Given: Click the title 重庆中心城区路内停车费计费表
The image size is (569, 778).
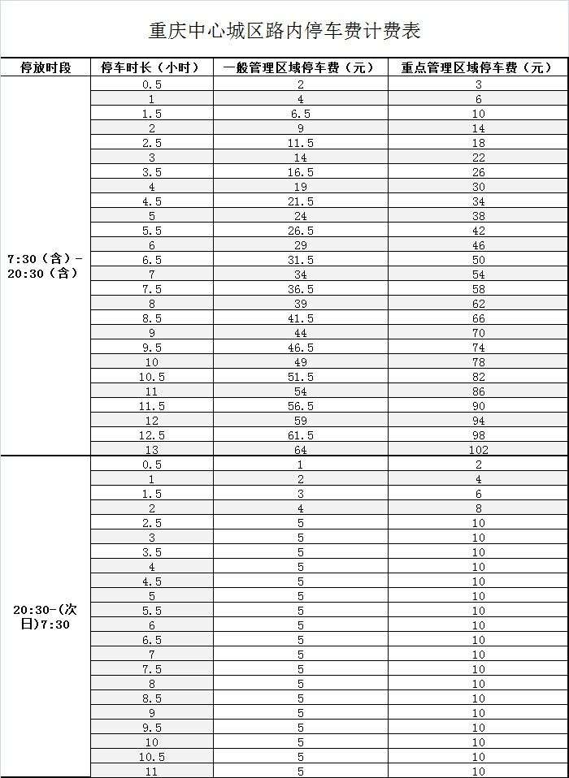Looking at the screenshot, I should [284, 31].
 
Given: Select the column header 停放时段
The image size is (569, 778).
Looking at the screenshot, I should [46, 68].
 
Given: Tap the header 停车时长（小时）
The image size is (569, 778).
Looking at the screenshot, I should [150, 68].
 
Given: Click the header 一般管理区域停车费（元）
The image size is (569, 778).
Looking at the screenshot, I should [300, 68].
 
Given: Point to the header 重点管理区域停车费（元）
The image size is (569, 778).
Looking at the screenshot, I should [478, 68].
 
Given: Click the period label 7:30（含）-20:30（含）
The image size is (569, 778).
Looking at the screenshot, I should [46, 266].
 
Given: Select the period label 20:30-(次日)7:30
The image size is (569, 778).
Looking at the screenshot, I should [46, 617].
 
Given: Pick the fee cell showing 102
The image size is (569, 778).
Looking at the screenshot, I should [478, 450].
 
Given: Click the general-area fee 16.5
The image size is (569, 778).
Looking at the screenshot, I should [300, 172].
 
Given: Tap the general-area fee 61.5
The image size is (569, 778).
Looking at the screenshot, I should [300, 435].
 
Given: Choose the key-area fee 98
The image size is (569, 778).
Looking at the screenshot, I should [478, 435].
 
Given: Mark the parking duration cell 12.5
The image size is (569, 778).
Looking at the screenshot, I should [151, 435].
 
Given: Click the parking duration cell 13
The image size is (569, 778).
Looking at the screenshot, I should [151, 450].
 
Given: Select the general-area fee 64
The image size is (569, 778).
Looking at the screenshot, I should [300, 450].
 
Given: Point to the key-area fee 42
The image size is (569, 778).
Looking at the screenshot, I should [478, 231].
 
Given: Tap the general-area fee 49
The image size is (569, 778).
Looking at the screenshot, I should [300, 362].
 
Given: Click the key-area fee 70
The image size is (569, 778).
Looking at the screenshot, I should [478, 333].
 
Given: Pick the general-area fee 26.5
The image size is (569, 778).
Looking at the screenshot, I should [300, 231].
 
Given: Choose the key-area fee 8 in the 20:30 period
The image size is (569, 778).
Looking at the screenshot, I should [478, 508].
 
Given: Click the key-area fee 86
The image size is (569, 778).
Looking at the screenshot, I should [478, 391].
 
